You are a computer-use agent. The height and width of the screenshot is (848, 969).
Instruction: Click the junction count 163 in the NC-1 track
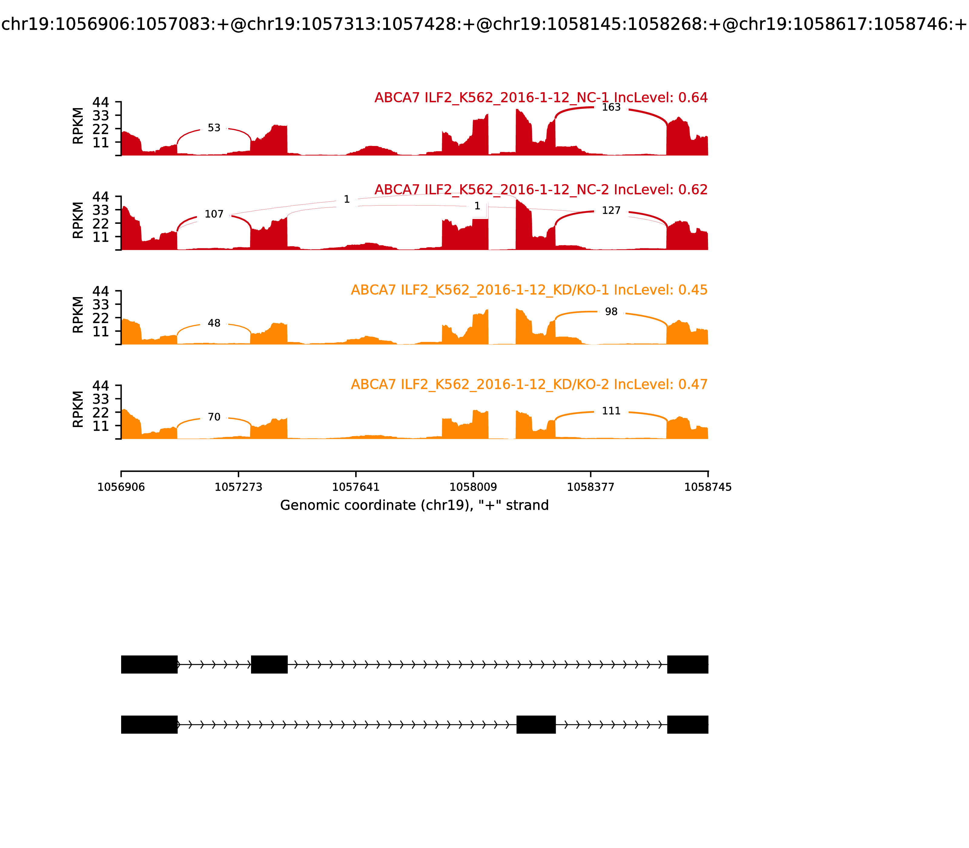click(x=611, y=108)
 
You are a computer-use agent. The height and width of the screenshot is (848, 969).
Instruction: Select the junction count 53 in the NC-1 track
click(x=214, y=128)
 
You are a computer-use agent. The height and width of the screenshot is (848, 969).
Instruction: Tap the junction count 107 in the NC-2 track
click(x=214, y=214)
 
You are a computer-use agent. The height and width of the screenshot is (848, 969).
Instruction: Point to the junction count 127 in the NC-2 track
click(x=611, y=210)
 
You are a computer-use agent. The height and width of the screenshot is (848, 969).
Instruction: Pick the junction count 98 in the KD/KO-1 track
click(x=611, y=312)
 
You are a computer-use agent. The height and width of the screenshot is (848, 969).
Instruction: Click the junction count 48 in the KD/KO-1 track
click(x=214, y=323)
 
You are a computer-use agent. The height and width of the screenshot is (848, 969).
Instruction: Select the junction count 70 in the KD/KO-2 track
click(x=214, y=417)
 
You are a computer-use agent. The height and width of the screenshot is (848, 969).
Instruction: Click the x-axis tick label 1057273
click(x=239, y=487)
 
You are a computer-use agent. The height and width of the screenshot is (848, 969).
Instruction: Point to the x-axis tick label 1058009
click(x=473, y=487)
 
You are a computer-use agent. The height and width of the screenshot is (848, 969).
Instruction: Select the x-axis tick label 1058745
click(x=708, y=487)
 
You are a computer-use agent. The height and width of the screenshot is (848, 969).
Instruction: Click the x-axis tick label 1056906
click(x=121, y=487)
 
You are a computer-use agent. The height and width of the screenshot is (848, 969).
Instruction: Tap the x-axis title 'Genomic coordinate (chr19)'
click(x=415, y=505)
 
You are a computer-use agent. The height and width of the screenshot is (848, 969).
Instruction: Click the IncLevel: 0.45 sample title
click(x=529, y=290)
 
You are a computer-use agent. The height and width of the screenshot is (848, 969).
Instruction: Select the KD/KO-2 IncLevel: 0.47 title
click(x=529, y=384)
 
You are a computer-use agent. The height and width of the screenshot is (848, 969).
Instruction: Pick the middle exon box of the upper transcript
click(x=269, y=664)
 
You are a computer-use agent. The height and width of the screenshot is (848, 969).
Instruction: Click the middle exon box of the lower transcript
click(x=536, y=724)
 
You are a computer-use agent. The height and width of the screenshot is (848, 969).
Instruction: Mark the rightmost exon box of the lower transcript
click(x=687, y=724)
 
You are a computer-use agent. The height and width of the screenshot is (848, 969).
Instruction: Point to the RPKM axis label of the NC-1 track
click(x=78, y=126)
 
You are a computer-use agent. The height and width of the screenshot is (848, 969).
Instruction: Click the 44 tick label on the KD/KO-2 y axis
click(x=100, y=386)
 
